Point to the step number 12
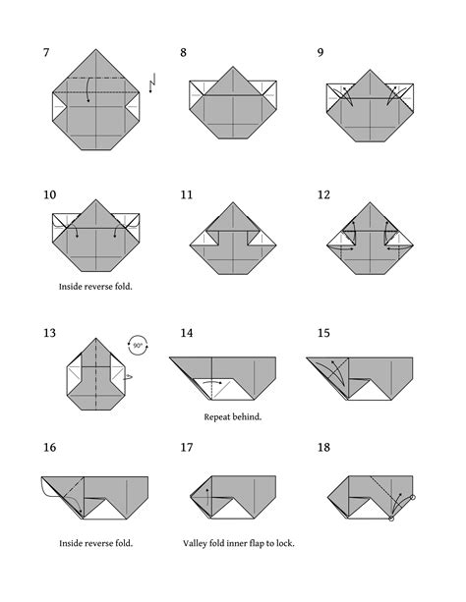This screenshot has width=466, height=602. [x=324, y=194]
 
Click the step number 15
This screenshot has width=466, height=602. [x=324, y=334]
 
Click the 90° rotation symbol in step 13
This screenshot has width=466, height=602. [x=138, y=345]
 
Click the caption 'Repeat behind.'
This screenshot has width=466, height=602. [x=232, y=416]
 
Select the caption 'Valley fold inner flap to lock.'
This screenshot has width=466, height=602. [x=238, y=542]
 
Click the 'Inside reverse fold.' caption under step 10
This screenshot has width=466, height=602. [x=95, y=288]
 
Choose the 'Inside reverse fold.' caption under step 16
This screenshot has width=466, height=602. [x=95, y=542]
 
